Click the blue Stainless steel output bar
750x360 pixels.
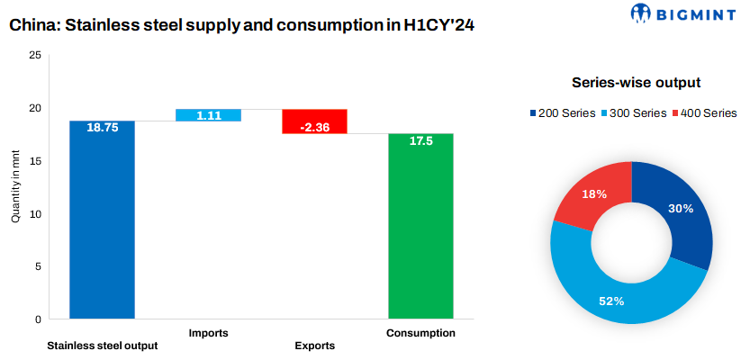click(102, 225)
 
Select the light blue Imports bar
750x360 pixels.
click(208, 114)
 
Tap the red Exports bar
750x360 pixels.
click(314, 121)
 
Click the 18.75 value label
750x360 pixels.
click(102, 128)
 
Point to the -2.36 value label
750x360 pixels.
click(314, 128)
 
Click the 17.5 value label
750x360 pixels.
click(420, 141)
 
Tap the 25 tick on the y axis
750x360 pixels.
click(35, 56)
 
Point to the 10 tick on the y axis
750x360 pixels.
click(35, 214)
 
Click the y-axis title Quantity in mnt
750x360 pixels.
click(15, 187)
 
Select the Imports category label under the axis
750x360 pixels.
click(208, 333)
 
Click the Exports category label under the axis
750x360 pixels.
click(314, 346)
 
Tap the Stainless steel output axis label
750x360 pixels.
click(102, 346)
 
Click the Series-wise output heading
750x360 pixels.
click(637, 83)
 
